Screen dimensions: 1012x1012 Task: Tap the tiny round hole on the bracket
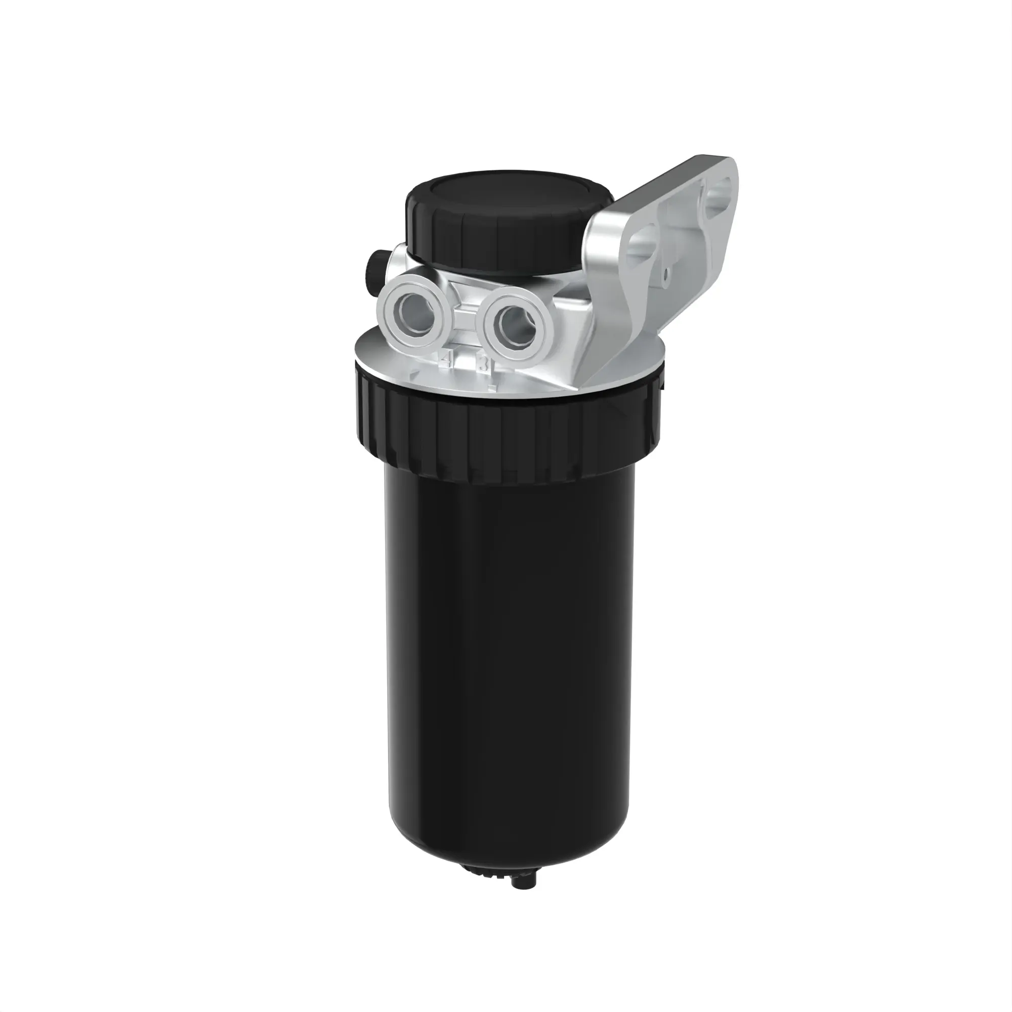(x=666, y=273)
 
